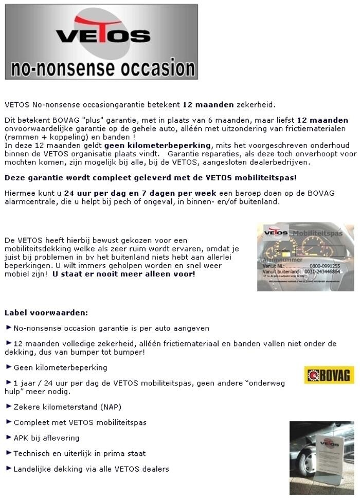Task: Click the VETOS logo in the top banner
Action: click(x=102, y=33)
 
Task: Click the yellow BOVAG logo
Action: click(x=329, y=375)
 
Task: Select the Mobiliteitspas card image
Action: click(x=305, y=257)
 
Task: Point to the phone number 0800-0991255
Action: click(x=325, y=266)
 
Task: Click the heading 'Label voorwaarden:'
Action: click(x=46, y=312)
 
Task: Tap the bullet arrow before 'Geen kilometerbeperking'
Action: click(x=8, y=367)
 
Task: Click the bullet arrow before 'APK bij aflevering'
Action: click(x=8, y=437)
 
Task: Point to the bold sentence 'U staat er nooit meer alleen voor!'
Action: click(x=124, y=274)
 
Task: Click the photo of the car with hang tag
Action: click(x=321, y=457)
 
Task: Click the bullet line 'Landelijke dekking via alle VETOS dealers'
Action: click(x=91, y=469)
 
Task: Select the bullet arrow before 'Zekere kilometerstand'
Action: click(x=8, y=406)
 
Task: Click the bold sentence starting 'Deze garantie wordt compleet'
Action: click(x=150, y=178)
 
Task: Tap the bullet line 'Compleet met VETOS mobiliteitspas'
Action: click(x=80, y=422)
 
